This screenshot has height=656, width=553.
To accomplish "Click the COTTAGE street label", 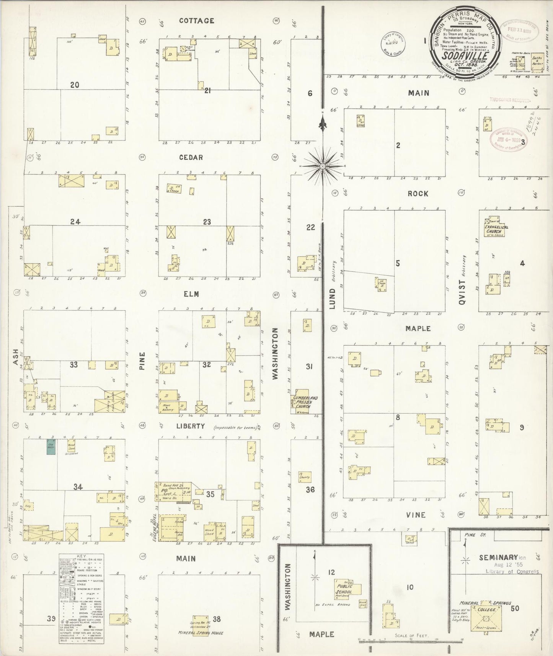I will click(x=196, y=21).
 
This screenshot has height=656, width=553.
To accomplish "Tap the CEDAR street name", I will click(x=191, y=157).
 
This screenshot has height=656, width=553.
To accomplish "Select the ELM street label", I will click(x=191, y=294).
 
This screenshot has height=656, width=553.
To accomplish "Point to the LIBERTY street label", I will click(x=191, y=426).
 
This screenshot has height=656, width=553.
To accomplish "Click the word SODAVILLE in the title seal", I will click(x=465, y=55).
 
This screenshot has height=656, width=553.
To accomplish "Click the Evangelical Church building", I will click(x=495, y=228).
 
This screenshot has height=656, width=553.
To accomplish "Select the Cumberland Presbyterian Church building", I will click(x=305, y=401).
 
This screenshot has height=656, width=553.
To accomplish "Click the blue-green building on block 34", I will click(x=50, y=447).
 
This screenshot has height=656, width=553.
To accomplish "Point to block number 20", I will click(x=75, y=85).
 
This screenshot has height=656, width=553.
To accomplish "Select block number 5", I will click(x=398, y=263).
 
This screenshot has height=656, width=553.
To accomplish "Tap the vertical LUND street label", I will click(x=332, y=299).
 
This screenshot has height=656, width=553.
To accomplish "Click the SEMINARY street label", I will click(x=498, y=558).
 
